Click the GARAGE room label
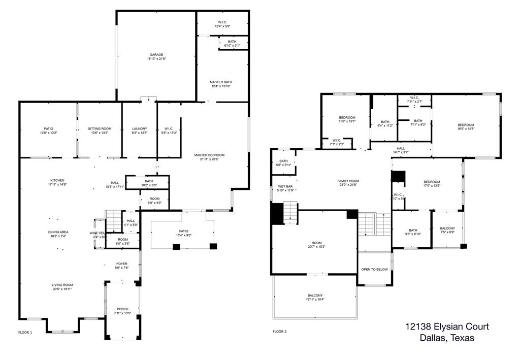[156, 54]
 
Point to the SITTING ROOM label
[99, 129]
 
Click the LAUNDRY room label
[139, 129]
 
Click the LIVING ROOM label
[62, 285]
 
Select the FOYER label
[122, 264]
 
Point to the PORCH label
[122, 309]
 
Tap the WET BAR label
[285, 186]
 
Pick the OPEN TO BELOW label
[374, 269]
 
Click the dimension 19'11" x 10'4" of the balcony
[315, 300]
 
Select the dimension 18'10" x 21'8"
[156, 59]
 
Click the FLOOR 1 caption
[25, 332]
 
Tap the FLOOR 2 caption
[279, 332]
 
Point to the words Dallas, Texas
[447, 339]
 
